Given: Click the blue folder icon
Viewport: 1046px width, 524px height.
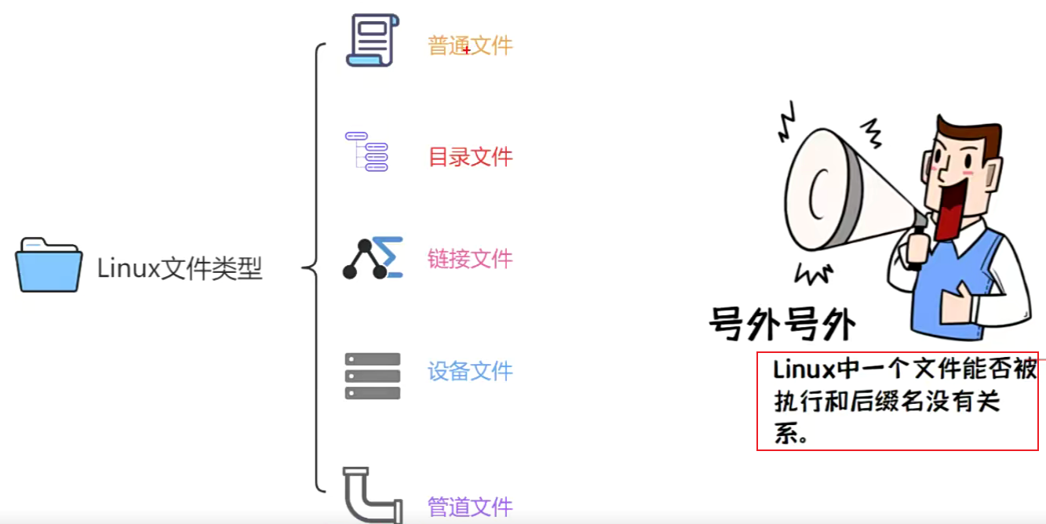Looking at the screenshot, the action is click(x=49, y=265).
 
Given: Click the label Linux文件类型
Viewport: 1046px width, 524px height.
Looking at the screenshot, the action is click(x=180, y=269).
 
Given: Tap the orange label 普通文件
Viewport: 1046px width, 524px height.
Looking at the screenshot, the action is click(x=470, y=45).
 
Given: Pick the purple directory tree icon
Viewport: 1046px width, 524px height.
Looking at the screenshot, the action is click(x=367, y=151).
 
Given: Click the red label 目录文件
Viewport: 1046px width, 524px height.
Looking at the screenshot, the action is click(x=470, y=157).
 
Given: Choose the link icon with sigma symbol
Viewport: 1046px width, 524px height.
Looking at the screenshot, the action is click(x=373, y=258).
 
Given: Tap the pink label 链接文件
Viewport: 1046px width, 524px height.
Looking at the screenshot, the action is click(x=470, y=259).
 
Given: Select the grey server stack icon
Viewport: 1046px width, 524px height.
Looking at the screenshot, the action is click(x=373, y=376).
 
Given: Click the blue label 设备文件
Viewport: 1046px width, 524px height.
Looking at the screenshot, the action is click(x=470, y=371).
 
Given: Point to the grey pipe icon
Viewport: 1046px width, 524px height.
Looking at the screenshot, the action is click(x=370, y=496).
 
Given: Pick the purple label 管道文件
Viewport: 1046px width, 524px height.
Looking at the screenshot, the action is click(x=470, y=507).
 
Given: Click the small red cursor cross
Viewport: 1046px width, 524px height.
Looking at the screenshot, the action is click(x=467, y=50).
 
